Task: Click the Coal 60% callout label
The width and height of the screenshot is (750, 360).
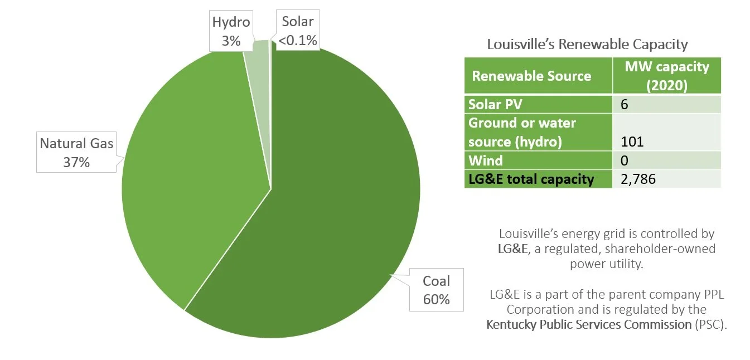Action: coord(436,290)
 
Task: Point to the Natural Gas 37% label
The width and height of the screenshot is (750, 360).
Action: coord(76,153)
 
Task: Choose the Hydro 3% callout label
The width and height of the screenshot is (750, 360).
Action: coord(231,31)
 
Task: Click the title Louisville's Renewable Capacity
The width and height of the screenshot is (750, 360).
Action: coord(587,44)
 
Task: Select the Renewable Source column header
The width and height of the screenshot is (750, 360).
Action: coord(531,76)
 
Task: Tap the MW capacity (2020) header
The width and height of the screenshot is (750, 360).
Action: coord(666,75)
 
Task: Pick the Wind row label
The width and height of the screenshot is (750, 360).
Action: coord(485,160)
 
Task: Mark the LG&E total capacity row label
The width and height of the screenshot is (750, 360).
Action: coord(531,179)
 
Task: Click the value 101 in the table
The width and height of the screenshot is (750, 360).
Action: coord(632,142)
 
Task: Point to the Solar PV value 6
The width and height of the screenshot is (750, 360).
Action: coord(625,104)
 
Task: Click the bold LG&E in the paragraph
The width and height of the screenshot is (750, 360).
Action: coord(512,249)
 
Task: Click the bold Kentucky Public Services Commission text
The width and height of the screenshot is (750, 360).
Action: coord(589,324)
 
